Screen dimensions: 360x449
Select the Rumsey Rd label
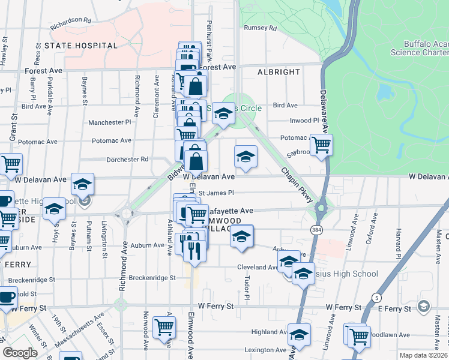(x=260, y=28)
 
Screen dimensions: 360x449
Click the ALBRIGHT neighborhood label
(x=279, y=72)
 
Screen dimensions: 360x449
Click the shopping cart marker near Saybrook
(x=322, y=145)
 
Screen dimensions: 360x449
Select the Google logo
(x=20, y=353)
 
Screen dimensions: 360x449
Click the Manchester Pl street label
(x=110, y=122)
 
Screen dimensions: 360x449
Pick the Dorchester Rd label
(x=127, y=160)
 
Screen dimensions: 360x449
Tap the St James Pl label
(x=215, y=193)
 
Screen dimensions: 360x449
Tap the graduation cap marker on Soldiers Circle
(x=223, y=113)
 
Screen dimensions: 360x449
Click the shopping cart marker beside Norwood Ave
(x=164, y=327)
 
